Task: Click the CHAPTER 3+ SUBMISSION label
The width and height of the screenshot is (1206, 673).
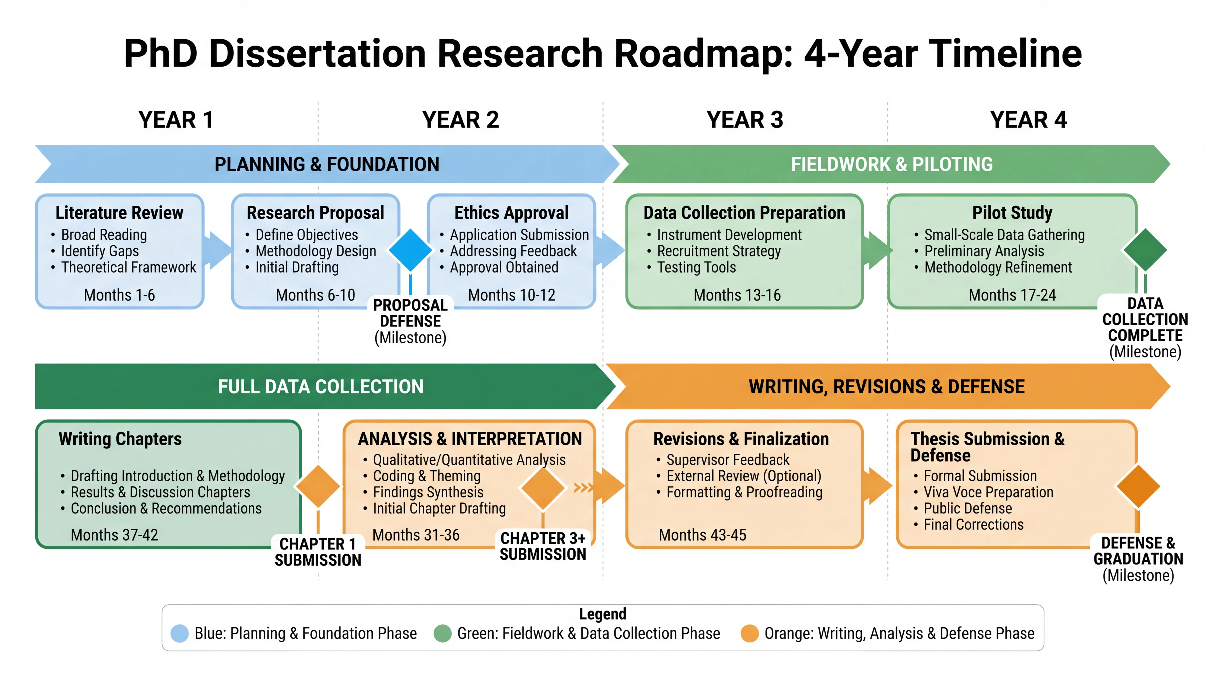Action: tap(543, 546)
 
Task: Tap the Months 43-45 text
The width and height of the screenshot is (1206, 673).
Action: tap(702, 535)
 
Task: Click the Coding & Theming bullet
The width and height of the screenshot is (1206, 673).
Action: tap(426, 476)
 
